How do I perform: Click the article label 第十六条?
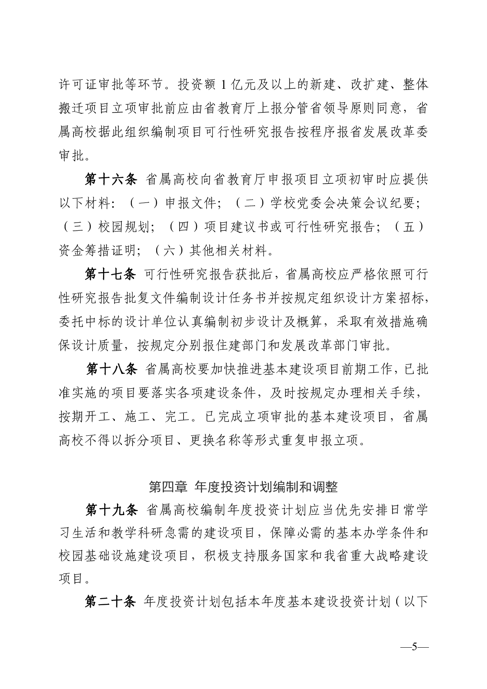point(110,180)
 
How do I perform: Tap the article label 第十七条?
point(110,275)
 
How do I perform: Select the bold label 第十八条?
point(111,369)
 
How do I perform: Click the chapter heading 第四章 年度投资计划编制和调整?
point(243,487)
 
